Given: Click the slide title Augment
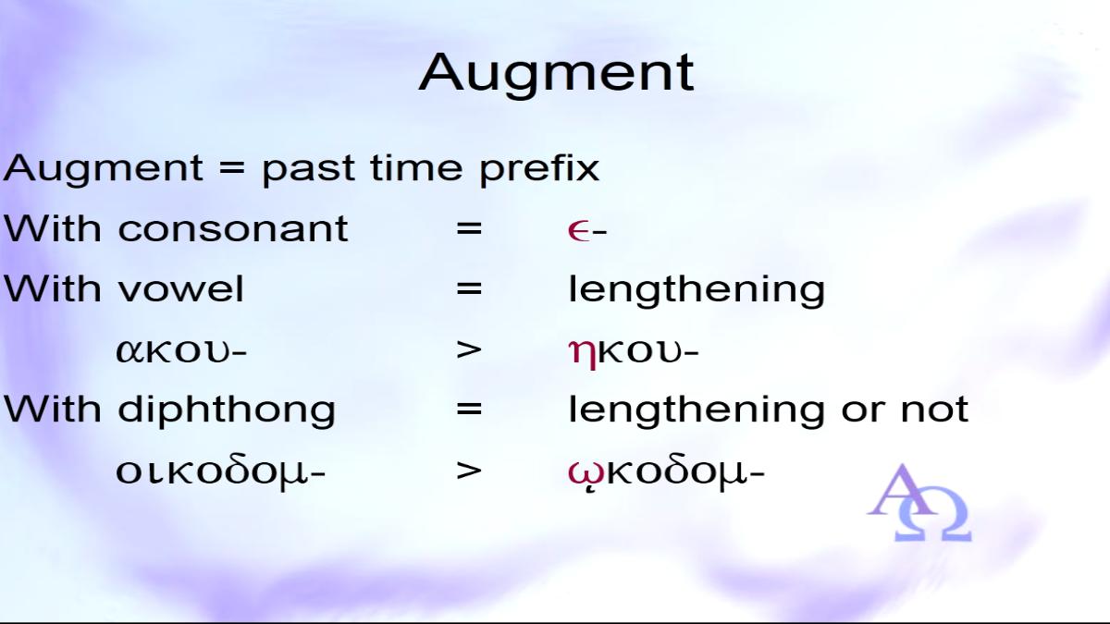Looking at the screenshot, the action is tap(556, 74).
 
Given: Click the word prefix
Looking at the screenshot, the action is tap(539, 167).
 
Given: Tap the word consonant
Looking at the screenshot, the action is tap(233, 229).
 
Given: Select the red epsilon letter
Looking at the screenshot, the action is tap(579, 230).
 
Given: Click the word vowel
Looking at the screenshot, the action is tap(181, 288).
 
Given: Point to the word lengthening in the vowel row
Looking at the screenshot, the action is tap(697, 289).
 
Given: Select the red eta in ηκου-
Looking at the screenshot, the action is tap(583, 353).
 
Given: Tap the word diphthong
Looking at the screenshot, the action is tap(227, 410).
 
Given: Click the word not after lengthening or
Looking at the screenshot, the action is tap(934, 410).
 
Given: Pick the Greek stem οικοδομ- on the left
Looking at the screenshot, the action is tap(220, 472).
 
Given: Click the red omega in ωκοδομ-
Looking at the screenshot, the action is tap(586, 473).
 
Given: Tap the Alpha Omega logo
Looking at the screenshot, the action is tap(919, 503).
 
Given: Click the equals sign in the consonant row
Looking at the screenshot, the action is tap(469, 229).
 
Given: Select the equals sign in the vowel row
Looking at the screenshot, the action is tap(469, 289).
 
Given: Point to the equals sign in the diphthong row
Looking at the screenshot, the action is tap(469, 410).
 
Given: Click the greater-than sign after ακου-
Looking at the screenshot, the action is tap(469, 349).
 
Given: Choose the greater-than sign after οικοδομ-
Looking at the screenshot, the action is tap(469, 471).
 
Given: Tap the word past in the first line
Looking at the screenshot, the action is tap(307, 169).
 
